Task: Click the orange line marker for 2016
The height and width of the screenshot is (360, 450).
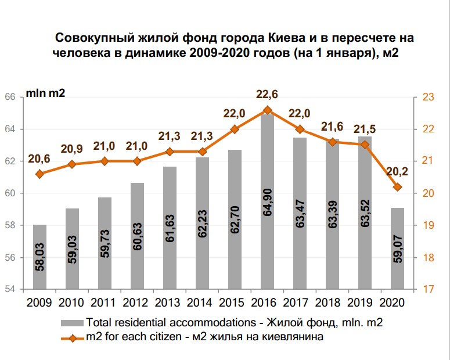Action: click(x=267, y=110)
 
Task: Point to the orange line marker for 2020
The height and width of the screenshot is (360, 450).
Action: click(x=397, y=187)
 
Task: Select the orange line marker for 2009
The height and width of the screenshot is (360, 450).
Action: click(x=39, y=174)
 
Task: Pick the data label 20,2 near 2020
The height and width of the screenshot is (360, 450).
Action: click(x=398, y=171)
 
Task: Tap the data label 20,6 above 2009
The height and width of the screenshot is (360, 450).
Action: click(x=39, y=159)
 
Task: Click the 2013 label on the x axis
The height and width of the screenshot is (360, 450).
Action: click(x=170, y=303)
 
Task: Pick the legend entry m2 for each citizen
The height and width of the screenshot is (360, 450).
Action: click(x=209, y=337)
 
